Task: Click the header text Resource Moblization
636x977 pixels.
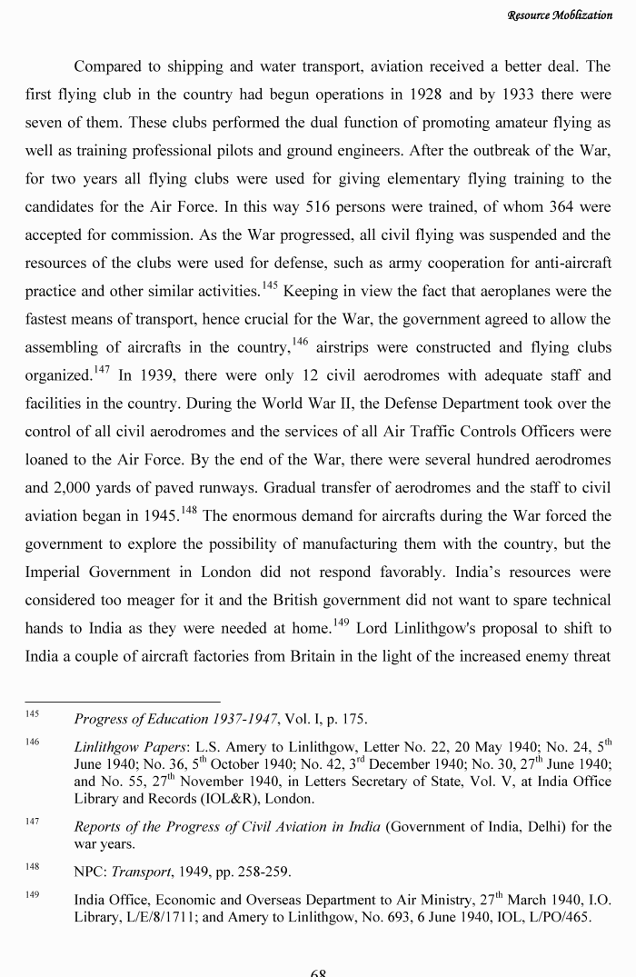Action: point(560,15)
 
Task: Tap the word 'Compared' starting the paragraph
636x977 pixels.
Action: point(107,66)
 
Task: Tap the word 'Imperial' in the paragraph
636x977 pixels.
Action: point(56,573)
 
